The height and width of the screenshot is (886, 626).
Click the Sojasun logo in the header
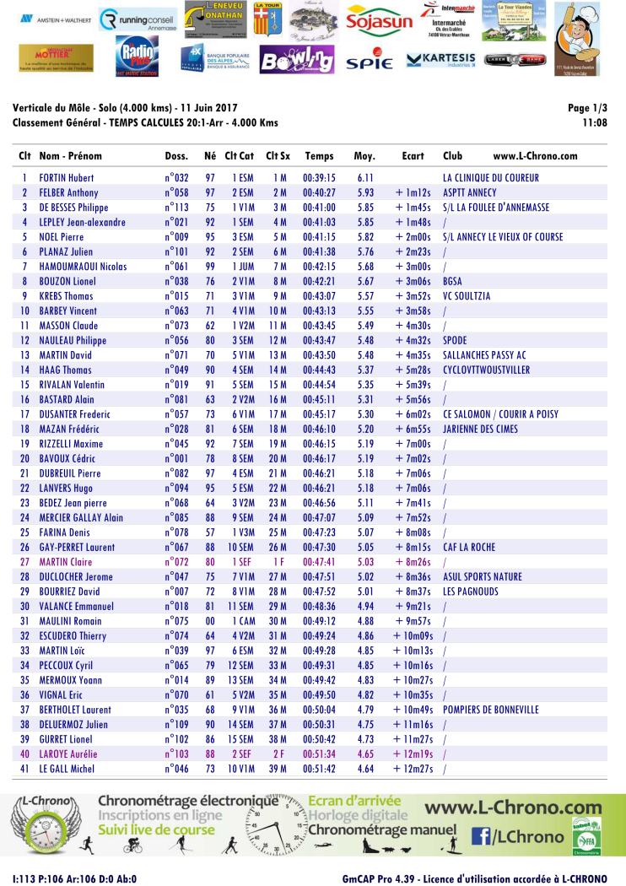(379, 21)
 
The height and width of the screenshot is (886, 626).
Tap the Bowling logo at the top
(297, 60)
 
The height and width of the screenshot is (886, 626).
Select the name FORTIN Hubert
(67, 178)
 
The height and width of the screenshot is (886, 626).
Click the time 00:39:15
(319, 178)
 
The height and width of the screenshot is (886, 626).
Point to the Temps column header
(319, 156)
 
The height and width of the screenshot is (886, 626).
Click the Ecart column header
(413, 156)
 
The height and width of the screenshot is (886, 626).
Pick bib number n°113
(176, 208)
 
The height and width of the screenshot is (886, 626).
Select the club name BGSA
(452, 281)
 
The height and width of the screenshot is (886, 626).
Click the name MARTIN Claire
(66, 562)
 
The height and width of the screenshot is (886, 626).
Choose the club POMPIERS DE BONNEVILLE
(490, 710)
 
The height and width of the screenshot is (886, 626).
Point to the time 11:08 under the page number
(595, 123)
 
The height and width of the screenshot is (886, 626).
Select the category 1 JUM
(243, 267)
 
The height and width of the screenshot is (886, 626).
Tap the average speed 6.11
(364, 178)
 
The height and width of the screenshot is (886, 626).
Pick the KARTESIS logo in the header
(441, 60)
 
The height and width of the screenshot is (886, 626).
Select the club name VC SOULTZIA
(467, 296)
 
